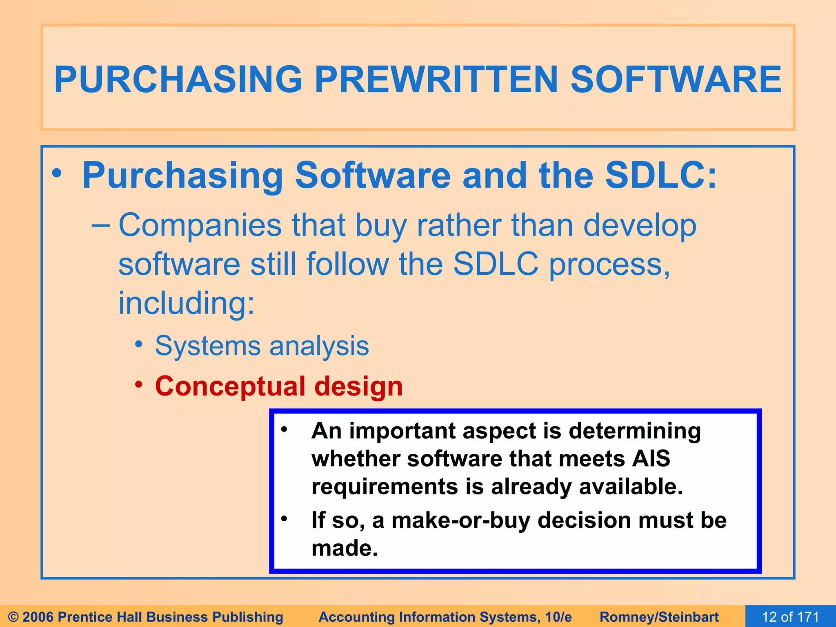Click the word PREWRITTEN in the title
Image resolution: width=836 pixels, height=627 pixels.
(436, 80)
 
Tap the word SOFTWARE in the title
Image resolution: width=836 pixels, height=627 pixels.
(676, 80)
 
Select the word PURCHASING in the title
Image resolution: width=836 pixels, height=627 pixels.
(178, 80)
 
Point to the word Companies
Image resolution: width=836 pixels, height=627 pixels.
(200, 226)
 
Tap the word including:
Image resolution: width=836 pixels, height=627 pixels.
(187, 304)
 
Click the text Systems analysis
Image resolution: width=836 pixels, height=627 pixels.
(262, 346)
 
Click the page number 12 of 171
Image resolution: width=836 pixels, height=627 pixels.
(790, 616)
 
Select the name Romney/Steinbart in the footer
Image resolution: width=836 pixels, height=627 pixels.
(659, 617)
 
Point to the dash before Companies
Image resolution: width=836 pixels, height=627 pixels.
(100, 226)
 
